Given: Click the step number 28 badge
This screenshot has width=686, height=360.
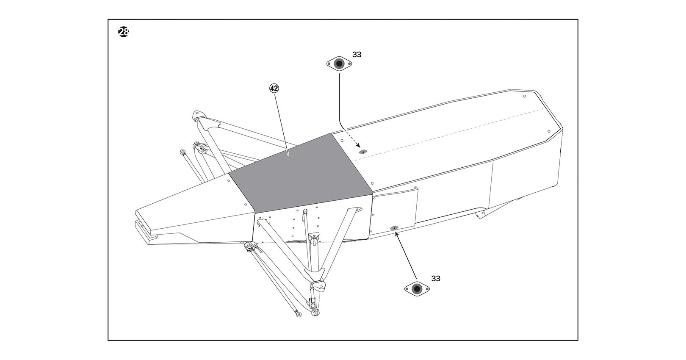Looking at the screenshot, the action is point(124,32).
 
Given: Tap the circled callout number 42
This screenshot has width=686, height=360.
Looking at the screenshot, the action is point(274,89).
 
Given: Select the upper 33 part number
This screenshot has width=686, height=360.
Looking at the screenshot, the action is point(357,55).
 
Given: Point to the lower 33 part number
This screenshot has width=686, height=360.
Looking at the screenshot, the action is point(436,279).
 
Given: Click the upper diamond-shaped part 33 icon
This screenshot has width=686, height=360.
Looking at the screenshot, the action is point(339,64).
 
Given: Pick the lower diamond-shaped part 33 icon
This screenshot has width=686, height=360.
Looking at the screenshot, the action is point(417,288).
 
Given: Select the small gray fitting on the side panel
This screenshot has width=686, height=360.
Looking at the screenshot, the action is point(394,228).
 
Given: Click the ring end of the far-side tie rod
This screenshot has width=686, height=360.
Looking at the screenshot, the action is point(183,152).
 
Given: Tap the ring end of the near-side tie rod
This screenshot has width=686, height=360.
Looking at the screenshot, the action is point(298,314).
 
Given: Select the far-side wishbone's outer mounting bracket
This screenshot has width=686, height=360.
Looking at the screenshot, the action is point(198,115).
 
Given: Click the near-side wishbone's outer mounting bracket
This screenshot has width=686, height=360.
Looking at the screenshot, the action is point(319,285).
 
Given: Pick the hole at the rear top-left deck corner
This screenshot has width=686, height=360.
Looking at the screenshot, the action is point(525,96).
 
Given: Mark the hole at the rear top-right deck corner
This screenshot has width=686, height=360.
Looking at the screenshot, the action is point(549,131).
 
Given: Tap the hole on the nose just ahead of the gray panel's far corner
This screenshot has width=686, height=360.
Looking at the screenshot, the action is point(229,181).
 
